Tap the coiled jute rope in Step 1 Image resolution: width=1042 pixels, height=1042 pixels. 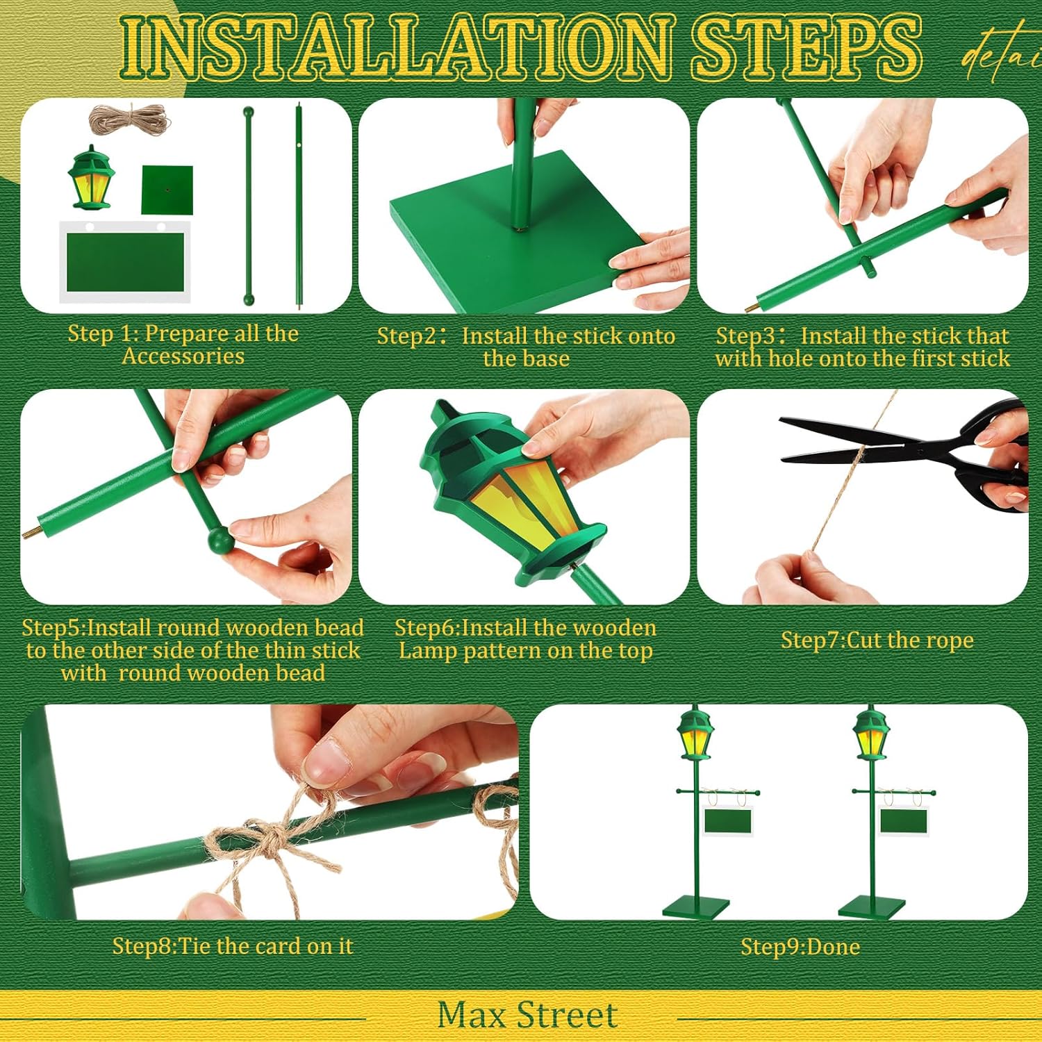(129, 119)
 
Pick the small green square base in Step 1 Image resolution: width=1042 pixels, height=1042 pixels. (167, 190)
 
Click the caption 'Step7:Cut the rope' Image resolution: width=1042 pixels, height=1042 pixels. (877, 640)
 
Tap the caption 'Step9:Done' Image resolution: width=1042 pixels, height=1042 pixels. (800, 946)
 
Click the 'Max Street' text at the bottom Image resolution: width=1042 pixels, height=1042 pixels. (527, 1015)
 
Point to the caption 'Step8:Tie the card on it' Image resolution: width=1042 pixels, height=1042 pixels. (233, 946)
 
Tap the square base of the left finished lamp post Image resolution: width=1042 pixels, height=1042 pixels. (696, 907)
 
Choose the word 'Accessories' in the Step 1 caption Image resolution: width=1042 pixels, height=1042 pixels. (183, 356)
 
